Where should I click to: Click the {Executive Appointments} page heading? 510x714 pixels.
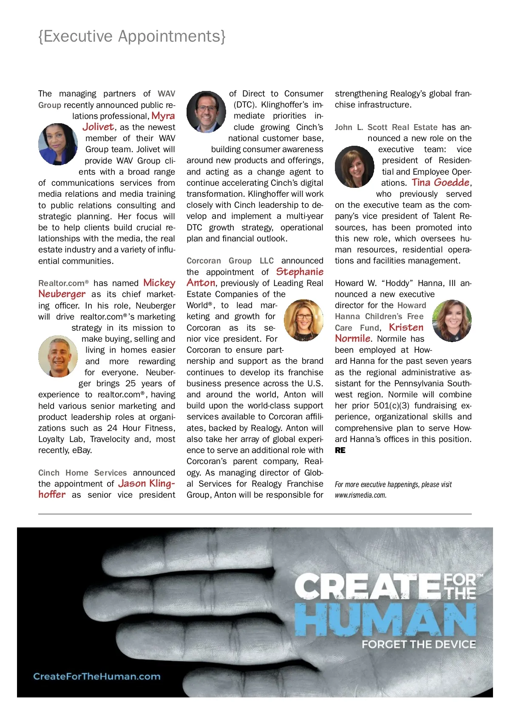tap(132, 37)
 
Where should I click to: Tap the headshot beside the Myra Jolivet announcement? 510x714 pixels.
tap(58, 144)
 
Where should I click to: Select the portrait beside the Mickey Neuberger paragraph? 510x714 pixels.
tap(58, 356)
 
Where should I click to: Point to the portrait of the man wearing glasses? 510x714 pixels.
tap(206, 112)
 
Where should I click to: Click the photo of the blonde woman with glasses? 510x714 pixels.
tap(303, 320)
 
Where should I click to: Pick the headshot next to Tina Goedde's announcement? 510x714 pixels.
tap(354, 167)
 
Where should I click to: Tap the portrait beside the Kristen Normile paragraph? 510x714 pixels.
tap(452, 321)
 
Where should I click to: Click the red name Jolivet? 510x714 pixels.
tap(98, 127)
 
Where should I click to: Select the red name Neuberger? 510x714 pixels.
tap(62, 294)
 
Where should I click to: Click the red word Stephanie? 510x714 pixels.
tap(300, 272)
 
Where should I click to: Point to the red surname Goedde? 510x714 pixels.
tap(452, 182)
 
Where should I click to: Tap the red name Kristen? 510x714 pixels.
tap(406, 327)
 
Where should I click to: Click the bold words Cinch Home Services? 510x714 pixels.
tap(82, 473)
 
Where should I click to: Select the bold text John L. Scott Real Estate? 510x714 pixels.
tap(386, 127)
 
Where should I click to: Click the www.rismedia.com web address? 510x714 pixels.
tap(360, 495)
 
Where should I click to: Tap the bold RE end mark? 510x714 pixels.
tap(340, 450)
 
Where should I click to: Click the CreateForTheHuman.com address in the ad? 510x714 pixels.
tap(97, 676)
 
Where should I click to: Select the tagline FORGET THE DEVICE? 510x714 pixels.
tap(419, 644)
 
